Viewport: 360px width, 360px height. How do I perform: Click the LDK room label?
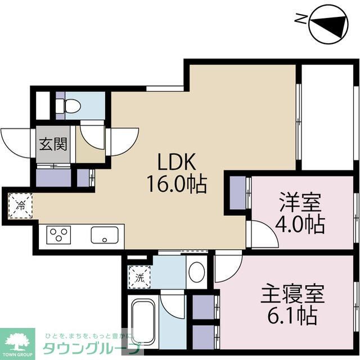click(x=175, y=163)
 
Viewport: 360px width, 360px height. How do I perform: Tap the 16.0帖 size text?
click(x=175, y=183)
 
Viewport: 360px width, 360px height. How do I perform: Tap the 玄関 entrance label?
click(x=53, y=143)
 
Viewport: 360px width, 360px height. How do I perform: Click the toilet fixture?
click(x=71, y=106)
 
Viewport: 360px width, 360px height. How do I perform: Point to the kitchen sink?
click(x=107, y=234)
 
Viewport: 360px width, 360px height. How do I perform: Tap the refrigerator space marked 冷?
click(x=20, y=205)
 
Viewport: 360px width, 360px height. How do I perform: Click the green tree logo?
click(x=17, y=341)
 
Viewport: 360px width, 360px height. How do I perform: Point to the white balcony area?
click(x=326, y=118)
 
